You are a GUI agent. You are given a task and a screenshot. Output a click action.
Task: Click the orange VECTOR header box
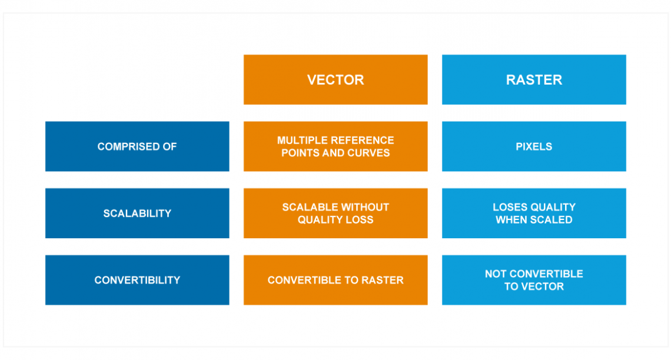pos(336,79)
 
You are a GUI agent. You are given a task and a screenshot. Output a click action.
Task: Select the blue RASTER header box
pos(534,79)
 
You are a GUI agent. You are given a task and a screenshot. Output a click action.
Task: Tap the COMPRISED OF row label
pos(137,146)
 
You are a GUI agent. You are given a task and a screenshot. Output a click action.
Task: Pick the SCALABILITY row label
pos(137,214)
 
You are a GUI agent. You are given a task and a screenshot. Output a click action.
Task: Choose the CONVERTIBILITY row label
pos(137,280)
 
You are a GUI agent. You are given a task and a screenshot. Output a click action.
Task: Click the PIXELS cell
pos(534,146)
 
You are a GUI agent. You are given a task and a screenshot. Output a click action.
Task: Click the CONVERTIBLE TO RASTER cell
pos(336,280)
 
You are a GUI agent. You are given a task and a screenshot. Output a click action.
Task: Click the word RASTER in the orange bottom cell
pos(383,280)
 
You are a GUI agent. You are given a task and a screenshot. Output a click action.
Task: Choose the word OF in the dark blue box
pos(170,146)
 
